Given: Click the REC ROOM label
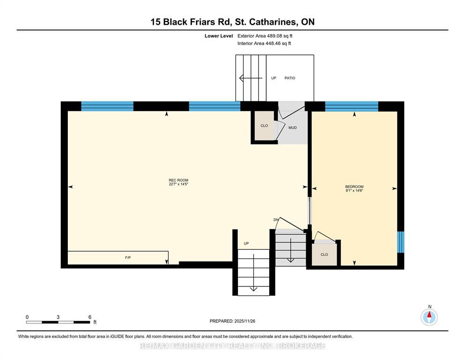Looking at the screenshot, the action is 178,180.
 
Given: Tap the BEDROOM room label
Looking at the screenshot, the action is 354,187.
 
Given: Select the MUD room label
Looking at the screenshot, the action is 292,127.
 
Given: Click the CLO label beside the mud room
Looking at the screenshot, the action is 264,126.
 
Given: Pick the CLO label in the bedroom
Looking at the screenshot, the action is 324,255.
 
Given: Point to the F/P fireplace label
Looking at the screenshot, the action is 128,258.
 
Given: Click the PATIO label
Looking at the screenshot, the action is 290,78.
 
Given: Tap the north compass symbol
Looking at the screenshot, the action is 429,317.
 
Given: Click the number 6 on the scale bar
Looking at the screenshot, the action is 90,317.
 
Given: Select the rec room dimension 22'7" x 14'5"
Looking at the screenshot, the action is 178,184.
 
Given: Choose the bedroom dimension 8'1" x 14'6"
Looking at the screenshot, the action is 354,190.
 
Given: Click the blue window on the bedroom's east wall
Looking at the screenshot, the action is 401,242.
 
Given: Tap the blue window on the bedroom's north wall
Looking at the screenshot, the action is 352,106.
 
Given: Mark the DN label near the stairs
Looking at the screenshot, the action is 276,220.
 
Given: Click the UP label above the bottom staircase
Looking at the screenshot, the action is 246,243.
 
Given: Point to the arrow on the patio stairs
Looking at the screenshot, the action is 251,78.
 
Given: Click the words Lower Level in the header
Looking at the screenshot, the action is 219,36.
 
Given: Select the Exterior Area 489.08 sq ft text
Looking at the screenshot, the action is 265,36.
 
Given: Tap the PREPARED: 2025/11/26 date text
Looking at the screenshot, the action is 232,321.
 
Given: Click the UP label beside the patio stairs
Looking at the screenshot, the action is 273,78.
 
